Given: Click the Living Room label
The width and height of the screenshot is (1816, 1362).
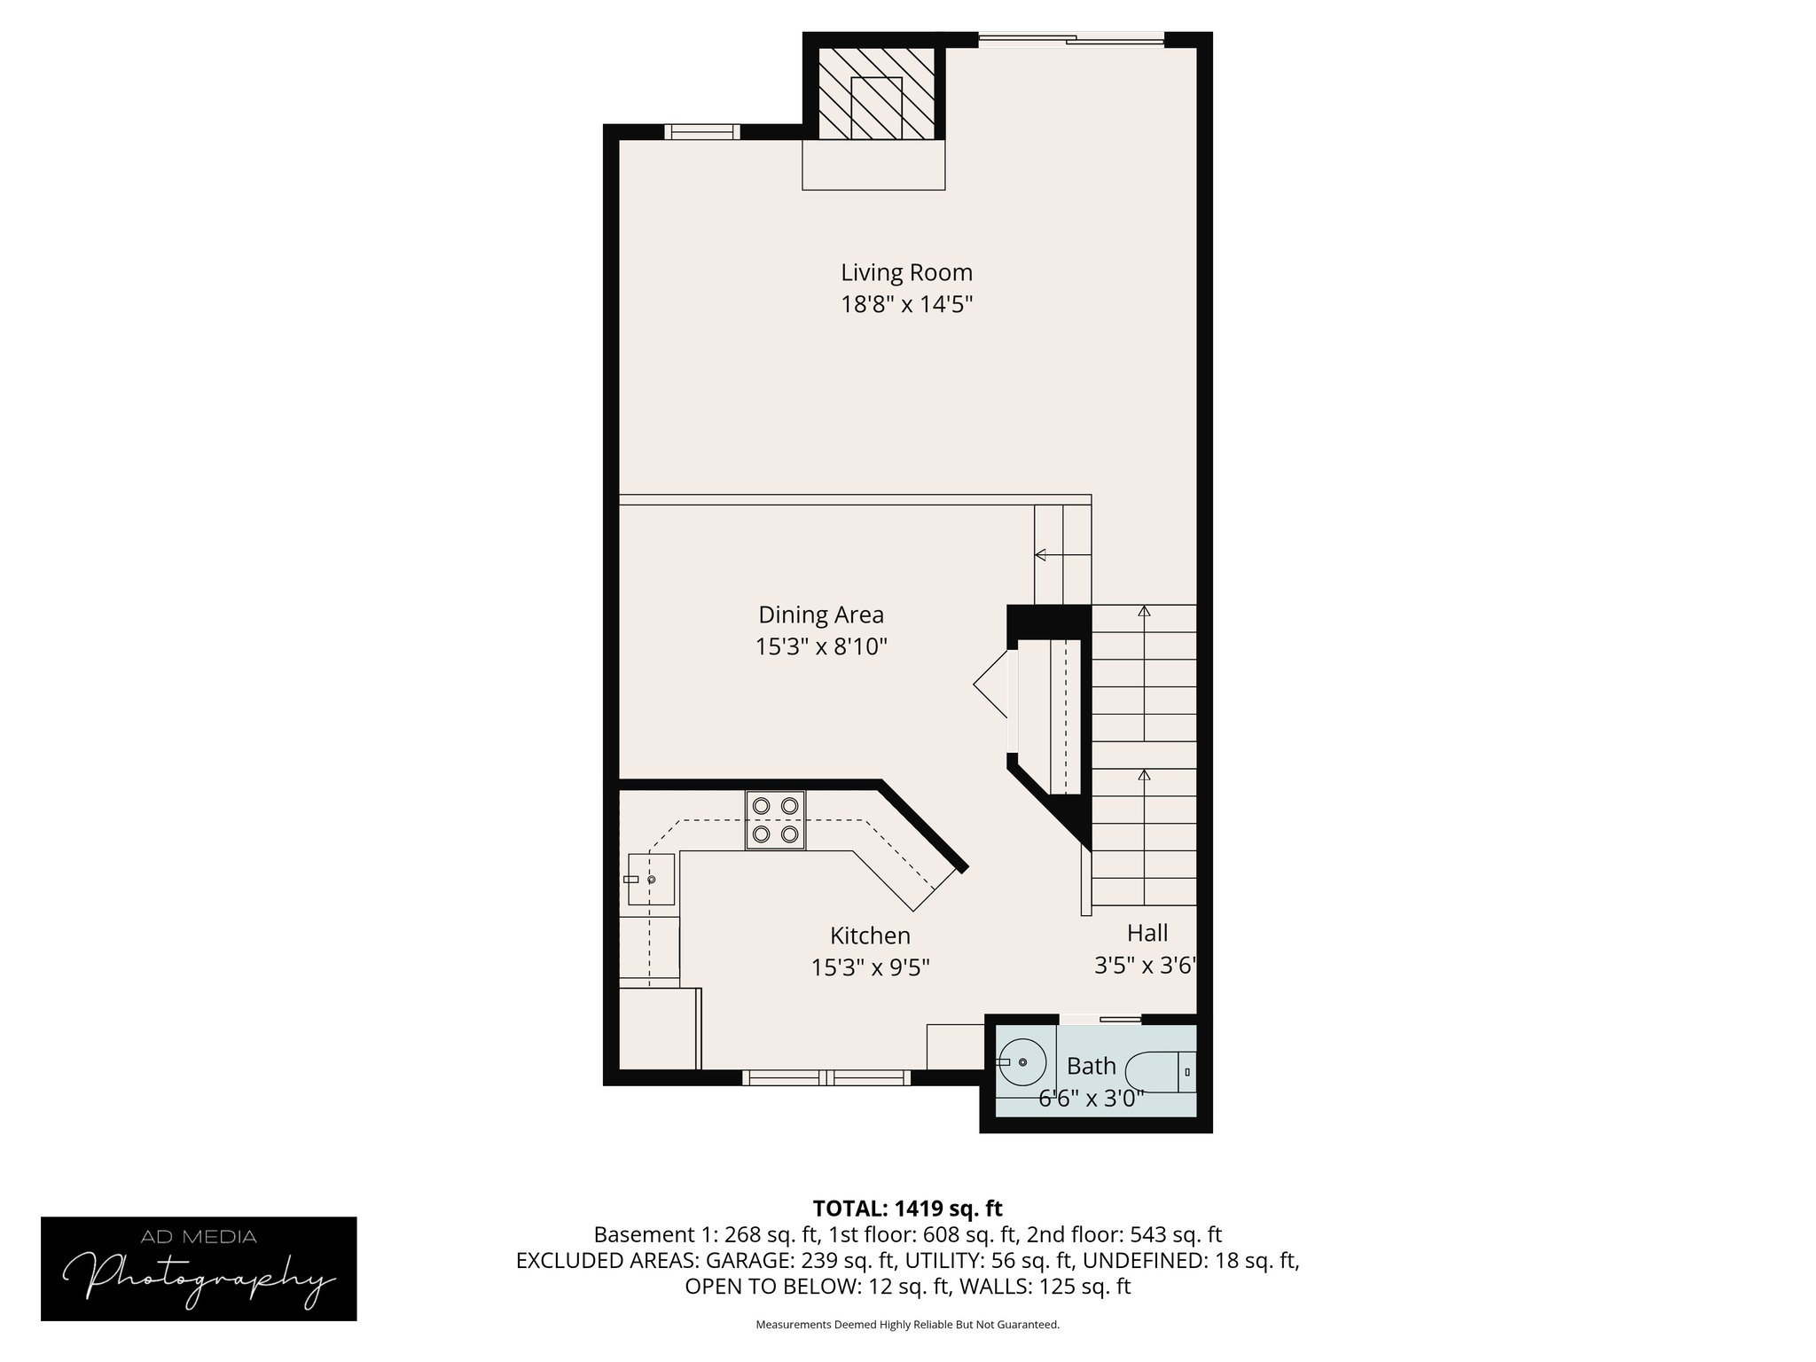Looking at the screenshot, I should [906, 272].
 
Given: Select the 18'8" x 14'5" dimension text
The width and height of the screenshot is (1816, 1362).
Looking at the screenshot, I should [906, 305].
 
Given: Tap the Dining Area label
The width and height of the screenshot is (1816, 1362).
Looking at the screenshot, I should [821, 614].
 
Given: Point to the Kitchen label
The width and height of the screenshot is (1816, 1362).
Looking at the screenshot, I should [870, 935].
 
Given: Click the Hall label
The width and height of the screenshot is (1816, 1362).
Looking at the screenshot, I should [1147, 933].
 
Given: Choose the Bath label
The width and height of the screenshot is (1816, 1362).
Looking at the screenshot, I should [1091, 1066].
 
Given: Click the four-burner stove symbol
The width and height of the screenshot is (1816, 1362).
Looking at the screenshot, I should [775, 819].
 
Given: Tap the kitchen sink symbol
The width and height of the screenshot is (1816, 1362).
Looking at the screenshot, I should [651, 879].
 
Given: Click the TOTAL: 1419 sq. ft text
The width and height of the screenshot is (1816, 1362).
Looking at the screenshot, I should [907, 1209].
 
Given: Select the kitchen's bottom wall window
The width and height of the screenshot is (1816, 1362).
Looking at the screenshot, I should [826, 1077].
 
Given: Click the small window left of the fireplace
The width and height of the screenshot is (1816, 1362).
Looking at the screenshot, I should [701, 132].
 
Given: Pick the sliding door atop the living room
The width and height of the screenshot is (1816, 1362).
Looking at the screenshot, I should [1070, 39].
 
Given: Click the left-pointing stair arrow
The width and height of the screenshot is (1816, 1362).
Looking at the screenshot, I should [1041, 555].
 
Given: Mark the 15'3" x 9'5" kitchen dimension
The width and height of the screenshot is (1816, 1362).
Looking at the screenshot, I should [870, 967].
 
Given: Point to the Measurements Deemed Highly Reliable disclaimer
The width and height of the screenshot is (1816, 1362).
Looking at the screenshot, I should [907, 1325].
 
